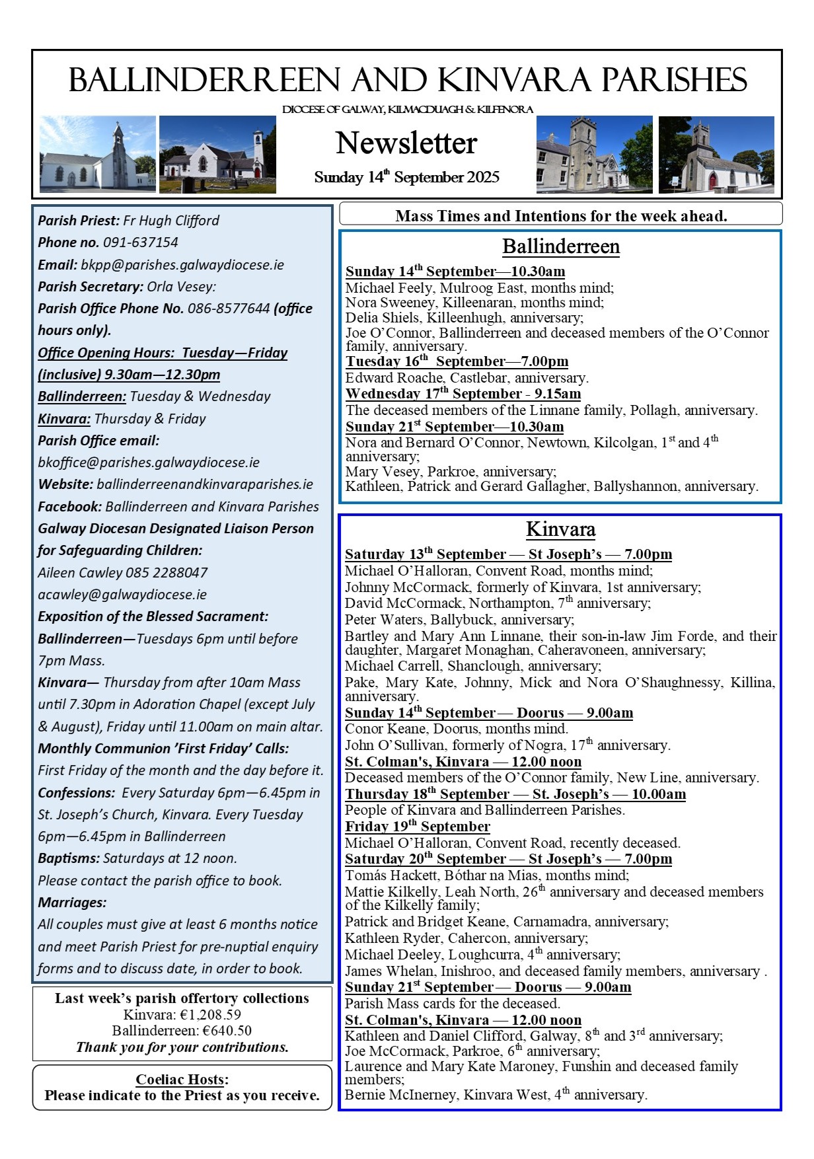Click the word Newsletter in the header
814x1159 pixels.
[406, 143]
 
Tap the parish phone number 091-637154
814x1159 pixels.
[141, 243]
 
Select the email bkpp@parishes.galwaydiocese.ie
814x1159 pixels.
[182, 265]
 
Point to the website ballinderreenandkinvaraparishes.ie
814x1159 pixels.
[205, 484]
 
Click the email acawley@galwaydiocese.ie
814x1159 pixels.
[122, 595]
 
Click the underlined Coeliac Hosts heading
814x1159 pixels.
[180, 1079]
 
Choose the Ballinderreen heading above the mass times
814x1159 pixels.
[561, 246]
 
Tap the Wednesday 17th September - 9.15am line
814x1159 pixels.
[463, 394]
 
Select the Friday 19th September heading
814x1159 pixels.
[418, 827]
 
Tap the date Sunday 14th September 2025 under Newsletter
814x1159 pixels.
[406, 177]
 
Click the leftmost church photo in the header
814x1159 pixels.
[97, 155]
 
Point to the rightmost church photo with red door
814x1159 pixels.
[716, 155]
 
